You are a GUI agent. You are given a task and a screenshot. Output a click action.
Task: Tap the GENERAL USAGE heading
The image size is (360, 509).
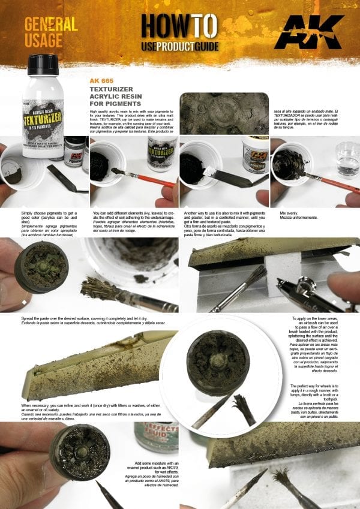[52, 32]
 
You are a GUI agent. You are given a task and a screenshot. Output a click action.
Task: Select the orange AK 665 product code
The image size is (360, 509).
[101, 80]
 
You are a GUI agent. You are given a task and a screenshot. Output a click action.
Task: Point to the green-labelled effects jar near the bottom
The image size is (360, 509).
[157, 435]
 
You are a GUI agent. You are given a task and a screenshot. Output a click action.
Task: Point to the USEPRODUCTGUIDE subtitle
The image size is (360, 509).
[179, 46]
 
